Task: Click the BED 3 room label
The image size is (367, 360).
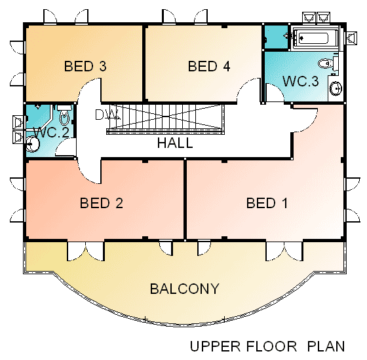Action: pyautogui.click(x=85, y=66)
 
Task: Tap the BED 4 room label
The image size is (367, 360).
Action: pyautogui.click(x=209, y=66)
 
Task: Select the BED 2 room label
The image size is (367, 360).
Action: pyautogui.click(x=102, y=203)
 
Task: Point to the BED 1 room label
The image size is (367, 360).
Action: pyautogui.click(x=267, y=203)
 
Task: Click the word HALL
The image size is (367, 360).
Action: pyautogui.click(x=175, y=143)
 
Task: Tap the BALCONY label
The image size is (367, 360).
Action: pyautogui.click(x=184, y=289)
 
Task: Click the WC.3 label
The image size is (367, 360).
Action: pyautogui.click(x=301, y=81)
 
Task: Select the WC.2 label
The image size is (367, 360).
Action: pyautogui.click(x=52, y=132)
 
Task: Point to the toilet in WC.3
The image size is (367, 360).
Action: pyautogui.click(x=328, y=63)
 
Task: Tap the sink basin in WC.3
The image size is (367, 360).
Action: pyautogui.click(x=336, y=88)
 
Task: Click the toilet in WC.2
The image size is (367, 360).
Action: pyautogui.click(x=64, y=115)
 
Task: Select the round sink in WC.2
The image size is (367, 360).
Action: pyautogui.click(x=32, y=144)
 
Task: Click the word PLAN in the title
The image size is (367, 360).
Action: pyautogui.click(x=326, y=346)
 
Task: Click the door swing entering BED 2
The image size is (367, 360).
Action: pyautogui.click(x=89, y=171)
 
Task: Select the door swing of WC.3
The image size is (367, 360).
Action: pyautogui.click(x=275, y=92)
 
